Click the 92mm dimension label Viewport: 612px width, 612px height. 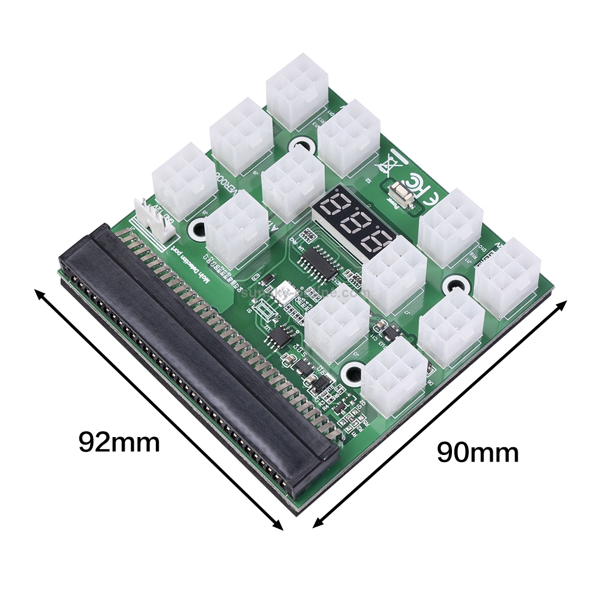(x=119, y=442)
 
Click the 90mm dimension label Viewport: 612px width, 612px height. (x=478, y=452)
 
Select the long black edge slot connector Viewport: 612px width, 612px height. (x=197, y=358)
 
